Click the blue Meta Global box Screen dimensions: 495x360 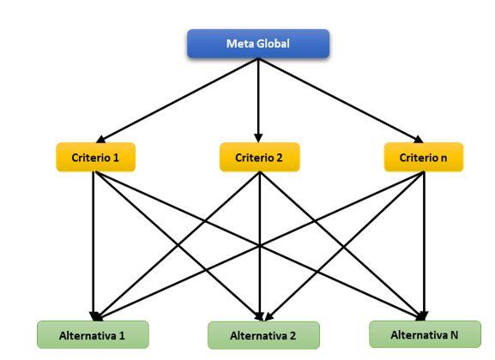pos(258,44)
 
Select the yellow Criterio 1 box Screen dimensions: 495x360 pos(95,157)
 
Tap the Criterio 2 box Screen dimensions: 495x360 pos(259,157)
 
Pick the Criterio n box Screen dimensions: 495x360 pos(424,157)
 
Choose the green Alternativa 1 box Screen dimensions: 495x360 pos(93,335)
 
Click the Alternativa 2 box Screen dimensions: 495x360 pos(263,335)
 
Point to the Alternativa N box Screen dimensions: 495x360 pos(425,334)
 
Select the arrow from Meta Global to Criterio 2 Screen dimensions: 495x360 pos(258,100)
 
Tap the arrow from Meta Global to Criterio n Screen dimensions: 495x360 pos(341,100)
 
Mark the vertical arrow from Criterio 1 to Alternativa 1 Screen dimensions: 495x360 pos(94,246)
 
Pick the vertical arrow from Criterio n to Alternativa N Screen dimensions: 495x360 pos(424,246)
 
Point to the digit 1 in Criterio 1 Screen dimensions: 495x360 pos(116,158)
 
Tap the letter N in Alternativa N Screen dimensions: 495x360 pos(454,335)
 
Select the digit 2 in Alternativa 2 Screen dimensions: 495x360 pos(293,336)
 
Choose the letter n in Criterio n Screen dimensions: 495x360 pos(444,158)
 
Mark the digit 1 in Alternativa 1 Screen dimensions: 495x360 pos(122,335)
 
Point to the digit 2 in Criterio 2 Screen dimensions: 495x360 pos(279,158)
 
